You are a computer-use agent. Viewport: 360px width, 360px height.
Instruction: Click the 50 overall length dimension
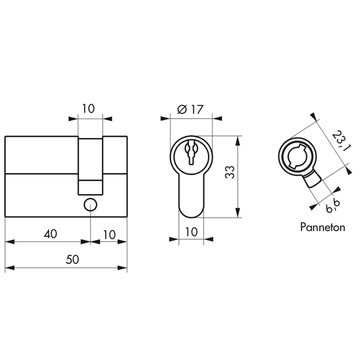[x=73, y=260]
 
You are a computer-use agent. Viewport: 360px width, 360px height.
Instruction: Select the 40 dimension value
[x=50, y=234]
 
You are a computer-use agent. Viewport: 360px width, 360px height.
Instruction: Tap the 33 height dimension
[x=230, y=172]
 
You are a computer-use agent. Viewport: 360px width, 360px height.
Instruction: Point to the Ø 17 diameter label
[x=190, y=109]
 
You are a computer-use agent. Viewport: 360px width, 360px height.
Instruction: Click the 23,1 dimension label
[x=341, y=141]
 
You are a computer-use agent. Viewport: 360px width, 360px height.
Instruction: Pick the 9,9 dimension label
[x=332, y=206]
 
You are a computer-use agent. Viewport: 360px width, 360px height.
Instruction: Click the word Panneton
[x=323, y=227]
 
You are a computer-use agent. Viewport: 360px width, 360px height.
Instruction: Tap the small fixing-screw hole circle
[x=91, y=205]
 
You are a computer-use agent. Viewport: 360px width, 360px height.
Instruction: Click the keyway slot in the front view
[x=191, y=152]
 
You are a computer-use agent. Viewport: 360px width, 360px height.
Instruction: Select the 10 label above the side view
[x=88, y=109]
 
